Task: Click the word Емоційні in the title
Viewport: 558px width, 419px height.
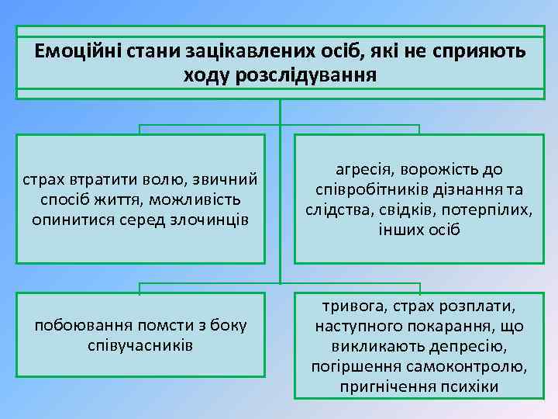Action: [x=72, y=51]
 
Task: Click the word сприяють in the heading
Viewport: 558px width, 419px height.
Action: [x=480, y=51]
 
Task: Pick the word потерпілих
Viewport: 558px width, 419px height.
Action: [x=491, y=209]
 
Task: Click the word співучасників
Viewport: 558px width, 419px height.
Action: [x=140, y=344]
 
